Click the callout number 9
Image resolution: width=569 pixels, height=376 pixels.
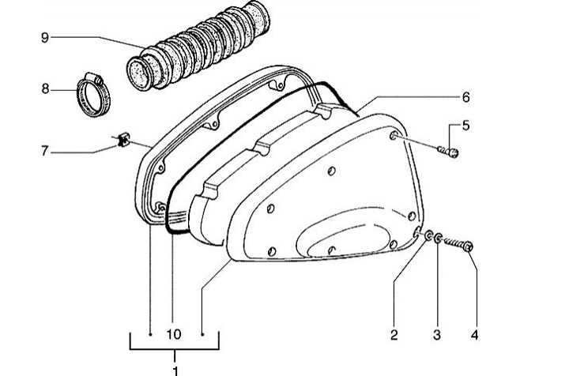(x=44, y=37)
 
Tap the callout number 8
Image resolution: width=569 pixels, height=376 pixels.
(x=45, y=88)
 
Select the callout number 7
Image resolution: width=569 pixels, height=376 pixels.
(x=44, y=151)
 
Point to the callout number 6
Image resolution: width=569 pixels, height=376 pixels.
(x=466, y=97)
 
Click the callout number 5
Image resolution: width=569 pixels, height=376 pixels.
(x=466, y=126)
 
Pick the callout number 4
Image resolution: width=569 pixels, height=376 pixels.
(x=475, y=335)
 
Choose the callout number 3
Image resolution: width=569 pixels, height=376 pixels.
(x=437, y=335)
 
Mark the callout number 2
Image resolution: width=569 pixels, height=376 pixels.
(x=394, y=335)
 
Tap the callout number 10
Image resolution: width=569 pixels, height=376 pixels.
(x=174, y=334)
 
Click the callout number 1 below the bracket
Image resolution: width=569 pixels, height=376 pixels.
(x=175, y=371)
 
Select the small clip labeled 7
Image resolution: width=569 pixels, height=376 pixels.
(x=123, y=140)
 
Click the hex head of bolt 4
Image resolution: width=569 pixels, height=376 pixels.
(x=468, y=246)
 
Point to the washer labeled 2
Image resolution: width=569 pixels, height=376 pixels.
(x=428, y=236)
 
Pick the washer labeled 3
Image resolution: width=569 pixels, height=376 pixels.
(x=438, y=239)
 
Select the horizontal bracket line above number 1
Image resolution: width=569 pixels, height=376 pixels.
(x=175, y=349)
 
